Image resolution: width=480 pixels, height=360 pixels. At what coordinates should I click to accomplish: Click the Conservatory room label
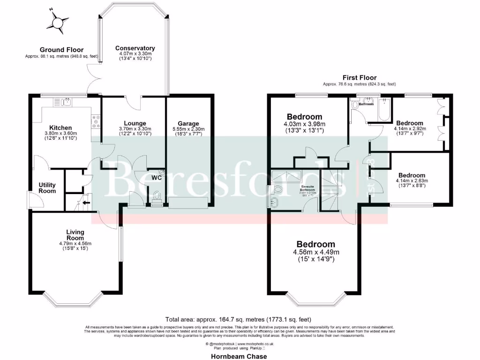click(x=135, y=48)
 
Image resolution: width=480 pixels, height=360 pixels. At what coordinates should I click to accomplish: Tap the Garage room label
click(x=188, y=124)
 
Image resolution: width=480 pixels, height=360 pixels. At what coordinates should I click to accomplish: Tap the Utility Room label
click(x=47, y=187)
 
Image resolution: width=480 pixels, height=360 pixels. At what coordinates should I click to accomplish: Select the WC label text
click(x=156, y=178)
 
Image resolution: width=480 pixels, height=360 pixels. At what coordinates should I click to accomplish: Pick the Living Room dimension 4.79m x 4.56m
click(x=75, y=243)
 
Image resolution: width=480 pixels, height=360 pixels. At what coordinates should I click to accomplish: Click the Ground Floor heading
click(x=61, y=50)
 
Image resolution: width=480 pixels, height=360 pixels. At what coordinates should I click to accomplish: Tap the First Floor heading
click(x=360, y=78)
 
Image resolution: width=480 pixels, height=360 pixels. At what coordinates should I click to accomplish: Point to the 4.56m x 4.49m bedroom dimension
click(x=315, y=252)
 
